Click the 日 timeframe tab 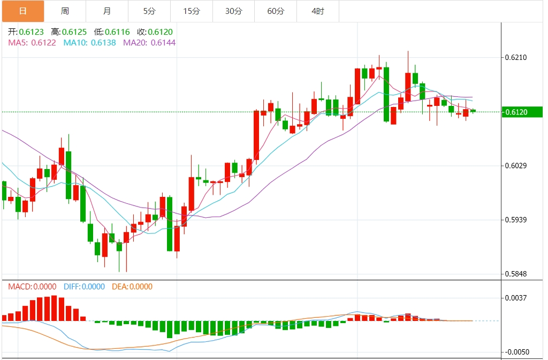[x=22, y=11]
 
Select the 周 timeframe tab [x=65, y=11]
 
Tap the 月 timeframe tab [x=107, y=11]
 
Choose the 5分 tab [x=149, y=11]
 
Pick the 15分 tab [x=191, y=11]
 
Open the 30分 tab [x=233, y=11]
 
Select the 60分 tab [x=276, y=11]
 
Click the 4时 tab [x=317, y=11]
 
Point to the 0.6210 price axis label [x=517, y=57]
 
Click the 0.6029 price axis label [x=517, y=165]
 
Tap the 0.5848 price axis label [x=517, y=274]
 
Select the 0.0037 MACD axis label [x=517, y=297]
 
